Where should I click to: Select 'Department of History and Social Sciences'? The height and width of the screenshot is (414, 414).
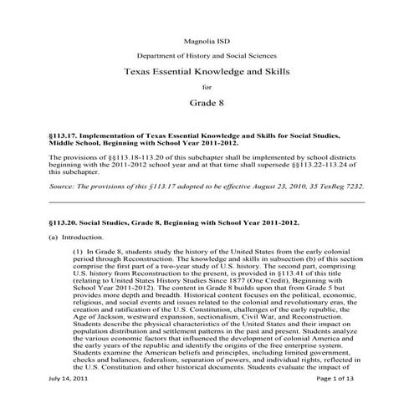(206, 56)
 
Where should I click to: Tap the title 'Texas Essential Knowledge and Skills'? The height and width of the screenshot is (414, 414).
(206, 72)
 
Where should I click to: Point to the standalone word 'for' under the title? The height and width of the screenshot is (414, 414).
(207, 89)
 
